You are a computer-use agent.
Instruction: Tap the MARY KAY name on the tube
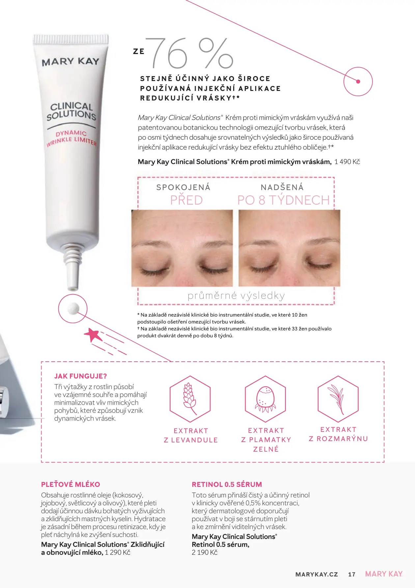click(x=70, y=62)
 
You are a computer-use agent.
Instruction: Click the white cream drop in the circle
click(x=73, y=308)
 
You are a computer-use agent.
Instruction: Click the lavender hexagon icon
click(x=190, y=399)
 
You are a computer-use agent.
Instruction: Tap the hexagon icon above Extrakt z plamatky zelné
click(x=265, y=399)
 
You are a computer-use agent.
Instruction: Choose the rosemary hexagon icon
click(x=338, y=399)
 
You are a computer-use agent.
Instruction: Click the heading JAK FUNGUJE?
click(x=81, y=376)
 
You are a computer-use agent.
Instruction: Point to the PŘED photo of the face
click(x=182, y=248)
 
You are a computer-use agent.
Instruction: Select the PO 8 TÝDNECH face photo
click(x=290, y=248)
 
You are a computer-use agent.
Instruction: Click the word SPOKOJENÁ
click(x=183, y=187)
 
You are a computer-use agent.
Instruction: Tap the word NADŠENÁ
click(x=282, y=187)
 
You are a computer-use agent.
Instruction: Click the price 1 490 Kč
click(x=347, y=162)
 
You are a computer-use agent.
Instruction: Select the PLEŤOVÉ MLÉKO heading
click(x=70, y=485)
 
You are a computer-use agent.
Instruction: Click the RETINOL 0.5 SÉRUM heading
click(x=227, y=485)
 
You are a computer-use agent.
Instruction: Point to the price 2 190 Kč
click(x=205, y=552)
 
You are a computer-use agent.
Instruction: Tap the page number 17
click(x=352, y=574)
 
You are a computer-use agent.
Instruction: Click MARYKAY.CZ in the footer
click(x=317, y=574)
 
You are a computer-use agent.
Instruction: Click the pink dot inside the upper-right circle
click(x=358, y=81)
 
